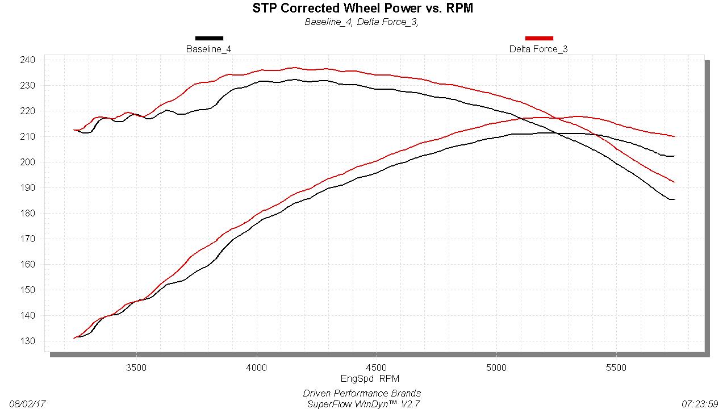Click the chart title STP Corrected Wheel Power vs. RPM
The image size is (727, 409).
point(363,8)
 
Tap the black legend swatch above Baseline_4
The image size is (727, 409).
point(209,38)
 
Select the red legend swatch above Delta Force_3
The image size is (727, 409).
point(539,38)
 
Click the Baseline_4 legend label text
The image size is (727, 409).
point(208,49)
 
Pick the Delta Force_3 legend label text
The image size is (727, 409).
point(538,49)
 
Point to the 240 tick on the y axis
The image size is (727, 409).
point(28,60)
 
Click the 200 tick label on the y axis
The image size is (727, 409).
point(28,162)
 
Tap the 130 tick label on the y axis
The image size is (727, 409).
point(28,341)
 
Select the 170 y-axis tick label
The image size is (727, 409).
point(28,239)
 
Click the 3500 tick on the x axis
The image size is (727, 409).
point(136,368)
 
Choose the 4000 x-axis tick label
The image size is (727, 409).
point(256,368)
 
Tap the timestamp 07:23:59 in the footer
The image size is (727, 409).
point(699,404)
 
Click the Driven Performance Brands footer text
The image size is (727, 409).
point(362,393)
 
